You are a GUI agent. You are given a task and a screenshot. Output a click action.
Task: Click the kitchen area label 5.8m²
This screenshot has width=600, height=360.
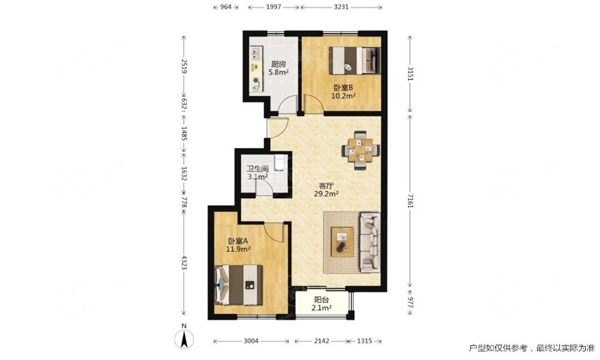coord(278,72)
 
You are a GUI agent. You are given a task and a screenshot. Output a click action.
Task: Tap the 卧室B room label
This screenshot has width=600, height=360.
coord(343,87)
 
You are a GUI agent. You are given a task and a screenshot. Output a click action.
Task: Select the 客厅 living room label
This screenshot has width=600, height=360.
coord(326,186)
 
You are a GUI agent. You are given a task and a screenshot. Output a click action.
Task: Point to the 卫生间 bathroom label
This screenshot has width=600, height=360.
coord(257,169)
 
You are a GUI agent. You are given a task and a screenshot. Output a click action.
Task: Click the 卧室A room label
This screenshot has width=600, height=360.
coord(238,241)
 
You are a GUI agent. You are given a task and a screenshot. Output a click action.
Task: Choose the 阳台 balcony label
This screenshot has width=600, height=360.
coord(322,300)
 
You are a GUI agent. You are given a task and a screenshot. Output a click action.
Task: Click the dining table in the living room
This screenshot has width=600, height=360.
coord(361,150)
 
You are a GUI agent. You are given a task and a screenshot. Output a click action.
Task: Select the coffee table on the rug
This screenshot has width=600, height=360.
coord(343,242)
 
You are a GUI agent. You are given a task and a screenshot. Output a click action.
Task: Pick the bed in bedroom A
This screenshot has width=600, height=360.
coord(239,284)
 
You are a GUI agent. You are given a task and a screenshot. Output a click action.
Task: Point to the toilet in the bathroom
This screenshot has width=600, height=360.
coord(280,162)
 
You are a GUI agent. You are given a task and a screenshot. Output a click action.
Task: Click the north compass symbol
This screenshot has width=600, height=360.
coord(184,338)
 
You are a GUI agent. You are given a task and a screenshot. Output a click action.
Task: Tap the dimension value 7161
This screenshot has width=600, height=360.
coord(410,200)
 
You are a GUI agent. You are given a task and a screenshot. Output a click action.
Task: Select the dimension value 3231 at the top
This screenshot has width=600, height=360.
coord(341,7)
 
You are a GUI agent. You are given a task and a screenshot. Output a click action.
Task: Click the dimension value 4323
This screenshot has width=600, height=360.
coord(184,262)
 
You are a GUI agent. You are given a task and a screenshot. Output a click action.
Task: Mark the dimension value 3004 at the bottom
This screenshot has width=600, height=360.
coord(251,341)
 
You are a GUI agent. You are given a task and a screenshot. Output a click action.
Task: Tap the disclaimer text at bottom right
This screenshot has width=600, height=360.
coord(532,348)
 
